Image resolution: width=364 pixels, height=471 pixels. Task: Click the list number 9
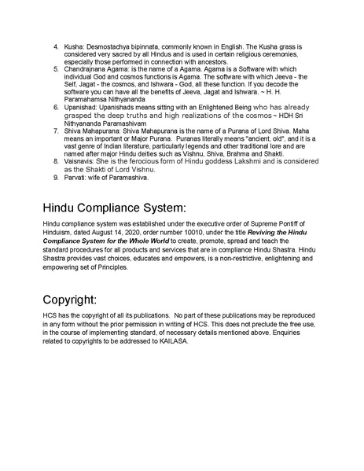point(56,177)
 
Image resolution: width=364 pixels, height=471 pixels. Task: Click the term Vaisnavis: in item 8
point(82,161)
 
